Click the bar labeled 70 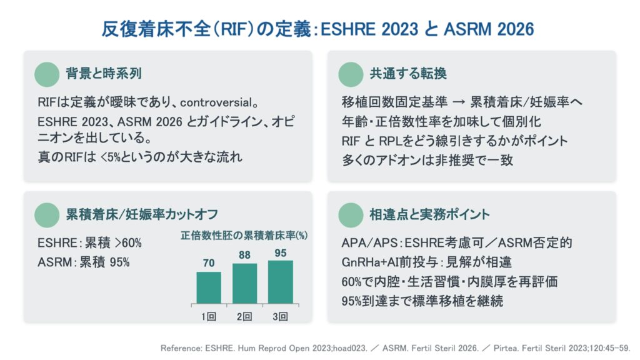[209, 287]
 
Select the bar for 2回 [244, 284]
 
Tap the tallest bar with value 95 [281, 282]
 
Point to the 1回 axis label [209, 316]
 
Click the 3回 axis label [281, 316]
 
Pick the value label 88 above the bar [244, 255]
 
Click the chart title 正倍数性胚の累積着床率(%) [244, 236]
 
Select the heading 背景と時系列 [104, 74]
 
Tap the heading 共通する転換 [408, 74]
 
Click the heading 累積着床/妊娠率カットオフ [142, 214]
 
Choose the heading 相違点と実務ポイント [429, 214]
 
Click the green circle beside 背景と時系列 [47, 74]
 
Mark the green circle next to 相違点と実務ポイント [351, 215]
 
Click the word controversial [216, 102]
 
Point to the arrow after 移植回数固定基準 [459, 102]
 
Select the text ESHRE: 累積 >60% [89, 243]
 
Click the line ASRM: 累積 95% [84, 262]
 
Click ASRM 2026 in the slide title [489, 29]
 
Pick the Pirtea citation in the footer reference [562, 348]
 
